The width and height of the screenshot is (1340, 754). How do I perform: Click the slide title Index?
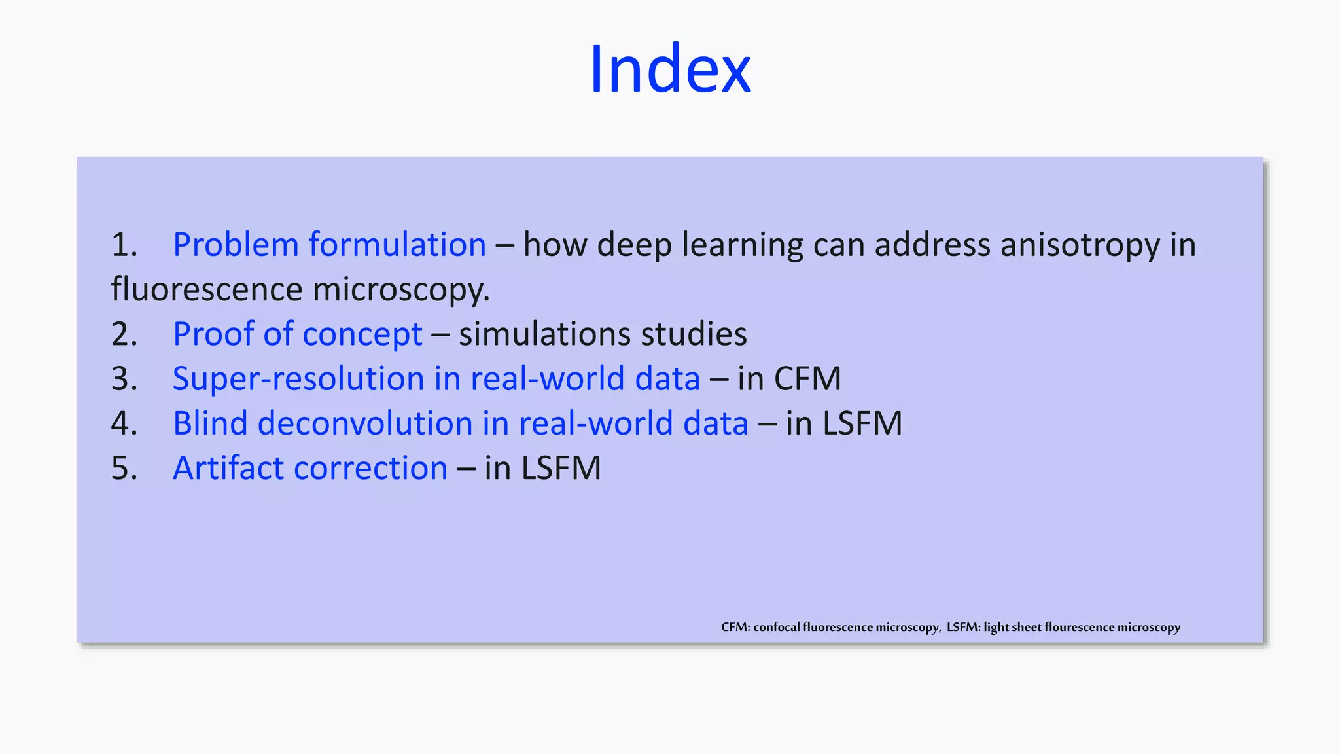point(670,69)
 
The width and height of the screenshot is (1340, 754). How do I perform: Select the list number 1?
point(124,245)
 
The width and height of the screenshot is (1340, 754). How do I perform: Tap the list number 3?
point(124,379)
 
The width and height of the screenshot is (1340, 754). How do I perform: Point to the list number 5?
point(124,469)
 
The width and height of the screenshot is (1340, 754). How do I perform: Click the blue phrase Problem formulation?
point(329,245)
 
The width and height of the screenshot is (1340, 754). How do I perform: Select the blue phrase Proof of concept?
point(298,334)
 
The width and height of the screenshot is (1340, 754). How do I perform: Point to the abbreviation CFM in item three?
point(807,379)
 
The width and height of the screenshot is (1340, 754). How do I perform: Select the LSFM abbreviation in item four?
point(862,423)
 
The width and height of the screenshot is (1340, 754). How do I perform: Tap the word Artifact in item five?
point(228,469)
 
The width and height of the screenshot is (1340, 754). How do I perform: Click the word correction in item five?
point(371,469)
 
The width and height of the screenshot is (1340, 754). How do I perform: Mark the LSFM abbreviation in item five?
point(560,469)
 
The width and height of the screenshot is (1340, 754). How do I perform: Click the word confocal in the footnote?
point(777,627)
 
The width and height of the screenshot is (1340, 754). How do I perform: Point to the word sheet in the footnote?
point(1027,627)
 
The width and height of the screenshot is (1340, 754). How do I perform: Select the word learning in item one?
point(742,245)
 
